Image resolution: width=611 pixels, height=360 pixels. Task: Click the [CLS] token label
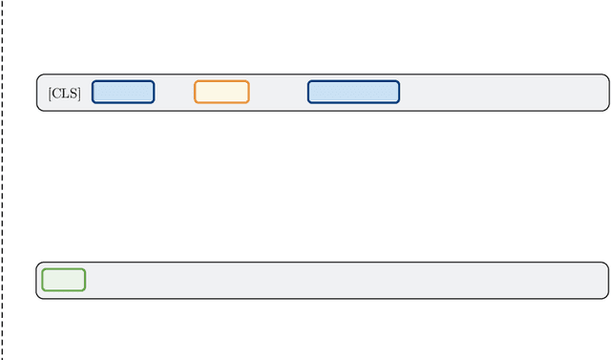[x=64, y=93]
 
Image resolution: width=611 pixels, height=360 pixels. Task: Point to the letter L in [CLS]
[x=65, y=93]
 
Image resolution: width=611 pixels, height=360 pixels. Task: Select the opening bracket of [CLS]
[x=50, y=93]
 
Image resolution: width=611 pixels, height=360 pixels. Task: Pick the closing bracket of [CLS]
[x=78, y=93]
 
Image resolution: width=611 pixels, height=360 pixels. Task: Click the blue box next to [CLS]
[x=123, y=92]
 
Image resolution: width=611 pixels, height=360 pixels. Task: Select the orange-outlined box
[x=221, y=92]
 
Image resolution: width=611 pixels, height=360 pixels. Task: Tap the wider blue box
[x=353, y=92]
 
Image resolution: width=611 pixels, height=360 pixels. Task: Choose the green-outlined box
[x=64, y=280]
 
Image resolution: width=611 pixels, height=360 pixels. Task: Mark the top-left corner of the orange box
[x=196, y=82]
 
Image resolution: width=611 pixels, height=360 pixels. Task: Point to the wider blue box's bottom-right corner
[x=398, y=101]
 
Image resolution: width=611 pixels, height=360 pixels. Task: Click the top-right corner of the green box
[x=84, y=270]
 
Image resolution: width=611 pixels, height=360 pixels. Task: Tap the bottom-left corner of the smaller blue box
[x=94, y=101]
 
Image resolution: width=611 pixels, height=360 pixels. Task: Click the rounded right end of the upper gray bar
[x=606, y=93]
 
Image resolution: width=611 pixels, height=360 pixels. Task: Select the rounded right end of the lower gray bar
[x=606, y=281]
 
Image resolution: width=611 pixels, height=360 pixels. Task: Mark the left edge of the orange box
[x=195, y=92]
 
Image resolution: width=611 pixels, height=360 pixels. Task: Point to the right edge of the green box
[x=85, y=280]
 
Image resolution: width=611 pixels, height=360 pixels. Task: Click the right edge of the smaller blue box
[x=154, y=92]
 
